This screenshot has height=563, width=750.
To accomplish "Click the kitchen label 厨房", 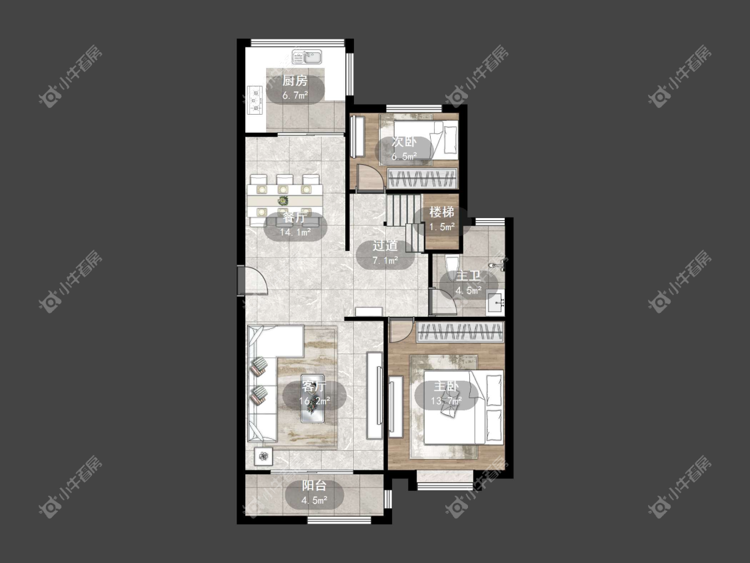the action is [295, 81].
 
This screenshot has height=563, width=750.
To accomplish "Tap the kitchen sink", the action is [307, 57].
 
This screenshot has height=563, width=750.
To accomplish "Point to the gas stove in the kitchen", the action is [255, 100].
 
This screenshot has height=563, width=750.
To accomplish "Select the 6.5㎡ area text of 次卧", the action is [404, 157].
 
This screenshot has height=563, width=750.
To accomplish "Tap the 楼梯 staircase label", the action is [441, 211].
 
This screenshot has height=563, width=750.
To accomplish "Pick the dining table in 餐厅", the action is [285, 199].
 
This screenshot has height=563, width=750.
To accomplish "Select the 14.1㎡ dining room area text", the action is [295, 233].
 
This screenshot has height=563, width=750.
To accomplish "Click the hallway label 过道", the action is [385, 245].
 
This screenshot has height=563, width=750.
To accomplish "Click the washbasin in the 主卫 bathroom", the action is [495, 303].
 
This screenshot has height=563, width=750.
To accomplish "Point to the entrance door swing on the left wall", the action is [254, 281].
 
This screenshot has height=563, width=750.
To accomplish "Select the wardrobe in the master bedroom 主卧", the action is [461, 332].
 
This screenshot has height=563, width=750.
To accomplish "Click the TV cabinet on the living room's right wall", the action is [375, 396].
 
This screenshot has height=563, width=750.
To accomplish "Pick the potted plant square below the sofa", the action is [263, 456].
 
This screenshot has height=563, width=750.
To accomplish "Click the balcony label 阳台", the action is [314, 486].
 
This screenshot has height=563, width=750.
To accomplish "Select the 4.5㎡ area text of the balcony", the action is [314, 500].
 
